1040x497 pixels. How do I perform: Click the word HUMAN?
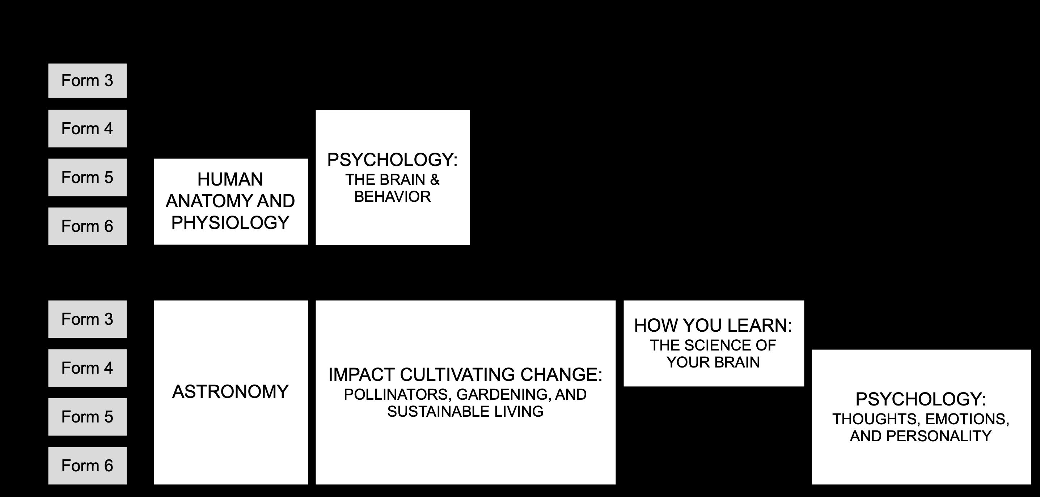coord(230,179)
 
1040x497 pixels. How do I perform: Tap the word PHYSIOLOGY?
coord(230,223)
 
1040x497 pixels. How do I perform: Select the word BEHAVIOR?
coord(392,197)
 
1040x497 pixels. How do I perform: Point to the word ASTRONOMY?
coord(231,392)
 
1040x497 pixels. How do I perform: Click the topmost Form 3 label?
coord(87,81)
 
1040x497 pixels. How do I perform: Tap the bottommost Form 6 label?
coord(87,466)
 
